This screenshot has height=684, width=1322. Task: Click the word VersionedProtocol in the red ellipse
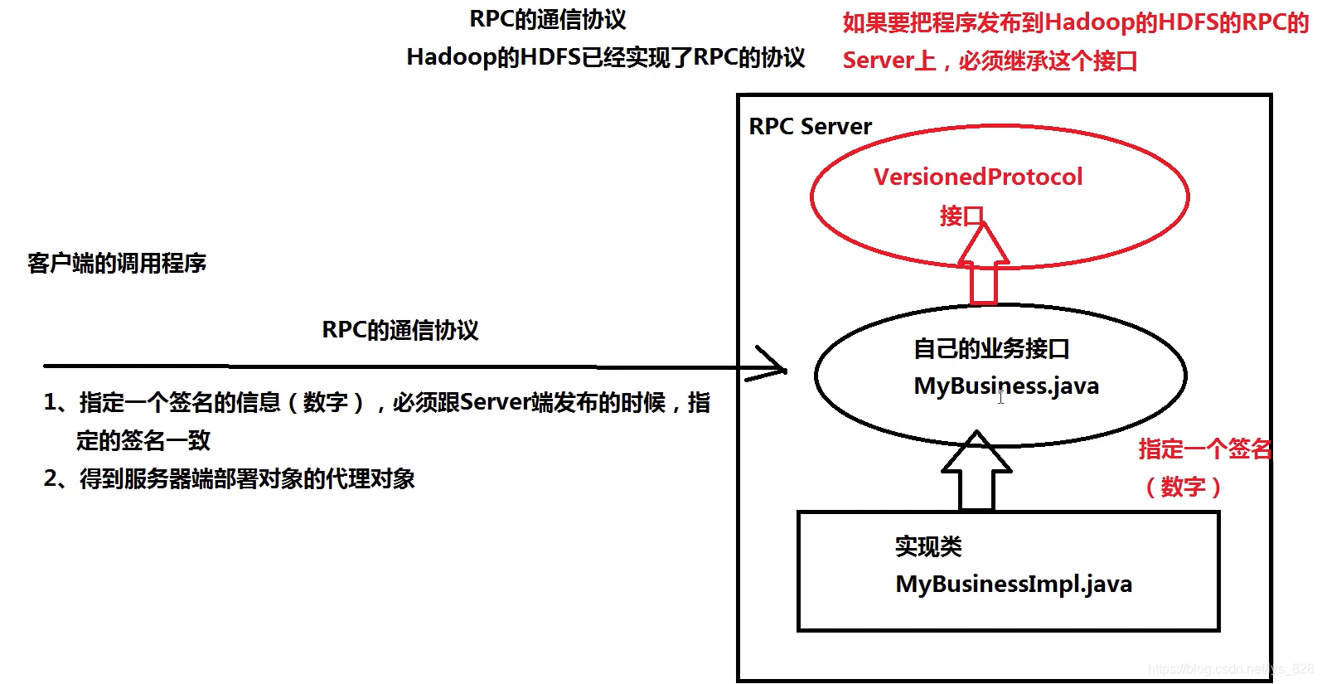tap(978, 177)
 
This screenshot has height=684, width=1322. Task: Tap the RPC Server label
tap(810, 127)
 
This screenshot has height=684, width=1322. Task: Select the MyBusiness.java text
tap(1006, 386)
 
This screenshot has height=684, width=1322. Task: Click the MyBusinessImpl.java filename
tap(1014, 585)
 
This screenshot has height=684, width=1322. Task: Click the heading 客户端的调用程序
tap(117, 264)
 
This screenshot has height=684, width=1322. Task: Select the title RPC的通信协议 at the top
tap(548, 19)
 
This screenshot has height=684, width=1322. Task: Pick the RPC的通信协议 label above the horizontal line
tap(400, 330)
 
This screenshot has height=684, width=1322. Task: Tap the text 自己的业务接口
tap(991, 349)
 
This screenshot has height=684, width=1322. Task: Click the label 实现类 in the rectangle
tap(928, 547)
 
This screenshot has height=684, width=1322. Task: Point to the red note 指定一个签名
tap(1204, 449)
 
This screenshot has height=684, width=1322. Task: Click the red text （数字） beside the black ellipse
tap(1183, 487)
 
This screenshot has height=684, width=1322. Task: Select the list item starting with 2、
tap(230, 479)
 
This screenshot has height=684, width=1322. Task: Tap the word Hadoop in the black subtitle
tap(451, 57)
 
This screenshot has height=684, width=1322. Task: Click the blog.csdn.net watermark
tap(1230, 669)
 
